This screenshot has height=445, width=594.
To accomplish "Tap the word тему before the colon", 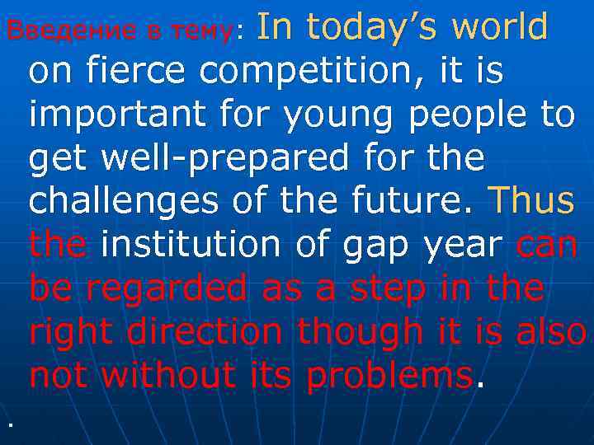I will pyautogui.click(x=199, y=30).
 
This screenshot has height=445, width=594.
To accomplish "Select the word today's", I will pyautogui.click(x=372, y=26).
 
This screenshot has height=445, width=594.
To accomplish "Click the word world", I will pyautogui.click(x=502, y=26).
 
